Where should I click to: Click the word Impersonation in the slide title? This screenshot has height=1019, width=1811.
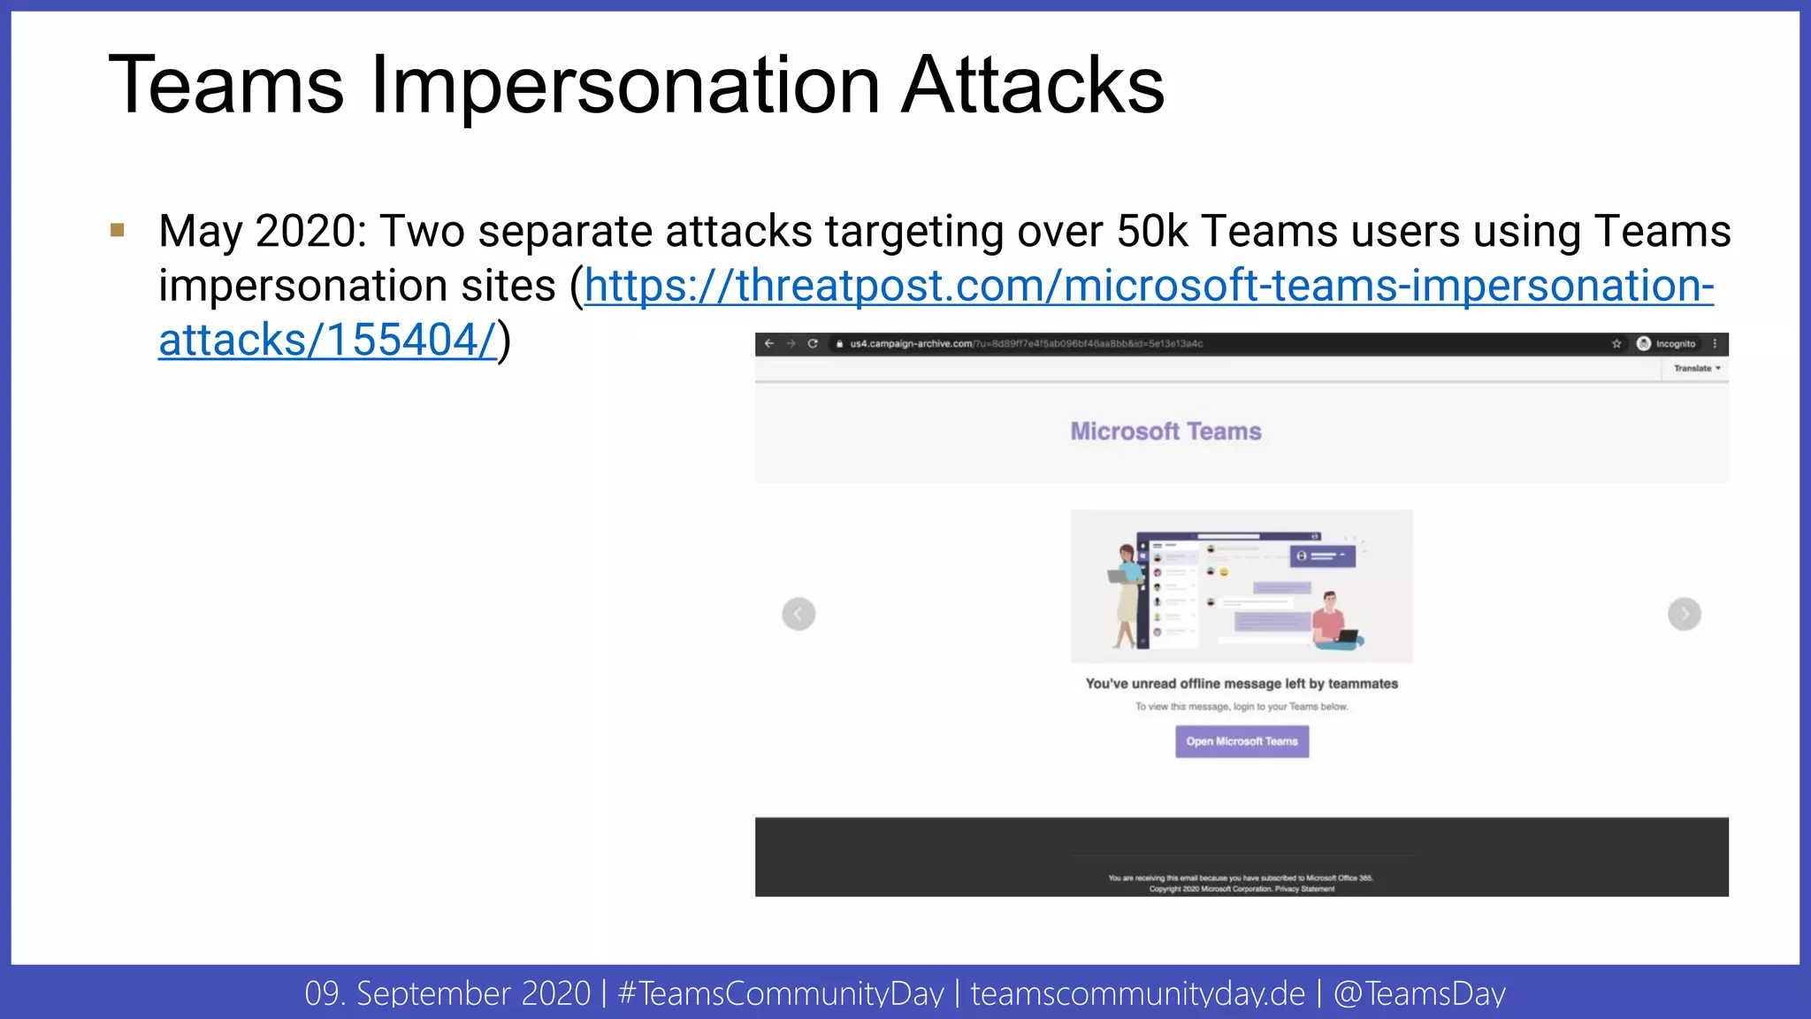point(625,86)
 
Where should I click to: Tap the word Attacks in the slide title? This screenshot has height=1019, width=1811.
point(1033,86)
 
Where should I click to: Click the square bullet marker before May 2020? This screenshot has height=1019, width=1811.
point(118,231)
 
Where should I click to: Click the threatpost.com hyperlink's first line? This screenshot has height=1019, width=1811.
point(1149,287)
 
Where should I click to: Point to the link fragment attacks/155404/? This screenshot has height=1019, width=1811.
point(327,341)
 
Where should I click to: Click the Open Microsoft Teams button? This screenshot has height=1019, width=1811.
point(1242,741)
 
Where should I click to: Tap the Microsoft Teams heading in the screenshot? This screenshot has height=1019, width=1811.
point(1165,432)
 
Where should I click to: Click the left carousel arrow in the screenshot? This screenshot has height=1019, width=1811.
point(799,614)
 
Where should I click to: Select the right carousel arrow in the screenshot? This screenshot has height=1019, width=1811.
point(1684,614)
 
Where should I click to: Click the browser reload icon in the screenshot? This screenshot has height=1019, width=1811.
point(813,344)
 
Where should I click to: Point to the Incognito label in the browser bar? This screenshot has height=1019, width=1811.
point(1675,344)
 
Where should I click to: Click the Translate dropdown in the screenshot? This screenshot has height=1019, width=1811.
point(1696,369)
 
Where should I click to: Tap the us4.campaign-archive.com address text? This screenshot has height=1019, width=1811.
point(911,344)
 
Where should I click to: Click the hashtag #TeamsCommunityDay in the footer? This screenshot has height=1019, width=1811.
point(781,993)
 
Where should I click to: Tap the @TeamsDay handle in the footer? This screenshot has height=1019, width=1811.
point(1419,993)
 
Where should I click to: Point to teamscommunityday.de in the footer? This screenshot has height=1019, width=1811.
point(1137,993)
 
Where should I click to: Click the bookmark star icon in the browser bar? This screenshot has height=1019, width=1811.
point(1616,344)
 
